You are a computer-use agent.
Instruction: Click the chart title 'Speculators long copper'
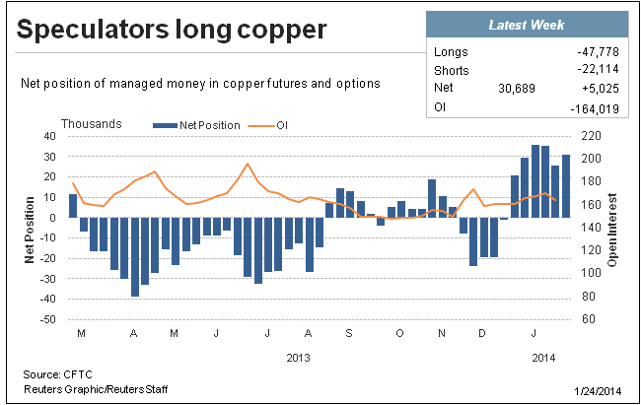pyautogui.click(x=172, y=31)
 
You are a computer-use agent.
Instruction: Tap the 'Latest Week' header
pyautogui.click(x=527, y=25)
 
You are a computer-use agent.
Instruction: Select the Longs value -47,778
pyautogui.click(x=598, y=52)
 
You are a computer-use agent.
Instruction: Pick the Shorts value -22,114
pyautogui.click(x=598, y=69)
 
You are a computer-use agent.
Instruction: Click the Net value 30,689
pyautogui.click(x=517, y=89)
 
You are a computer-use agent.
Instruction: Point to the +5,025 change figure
pyautogui.click(x=601, y=89)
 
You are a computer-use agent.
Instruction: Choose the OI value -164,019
pyautogui.click(x=595, y=109)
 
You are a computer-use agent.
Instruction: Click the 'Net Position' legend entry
pyautogui.click(x=196, y=125)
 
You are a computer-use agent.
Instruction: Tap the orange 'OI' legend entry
pyautogui.click(x=268, y=125)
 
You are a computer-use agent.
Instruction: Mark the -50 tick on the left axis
pyautogui.click(x=47, y=319)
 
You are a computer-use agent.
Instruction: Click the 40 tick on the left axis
pyautogui.click(x=49, y=136)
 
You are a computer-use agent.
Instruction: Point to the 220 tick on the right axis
pyautogui.click(x=591, y=136)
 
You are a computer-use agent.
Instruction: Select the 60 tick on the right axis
pyautogui.click(x=589, y=319)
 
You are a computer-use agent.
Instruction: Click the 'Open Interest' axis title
pyautogui.click(x=612, y=230)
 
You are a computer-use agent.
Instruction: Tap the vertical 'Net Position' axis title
pyautogui.click(x=29, y=230)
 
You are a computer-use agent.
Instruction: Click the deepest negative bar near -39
pyautogui.click(x=135, y=256)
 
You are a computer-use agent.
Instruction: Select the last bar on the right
pyautogui.click(x=566, y=186)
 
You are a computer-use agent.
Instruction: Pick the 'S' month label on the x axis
pyautogui.click(x=349, y=333)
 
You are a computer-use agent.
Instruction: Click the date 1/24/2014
pyautogui.click(x=598, y=391)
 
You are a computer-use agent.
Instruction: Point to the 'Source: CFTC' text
pyautogui.click(x=57, y=374)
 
